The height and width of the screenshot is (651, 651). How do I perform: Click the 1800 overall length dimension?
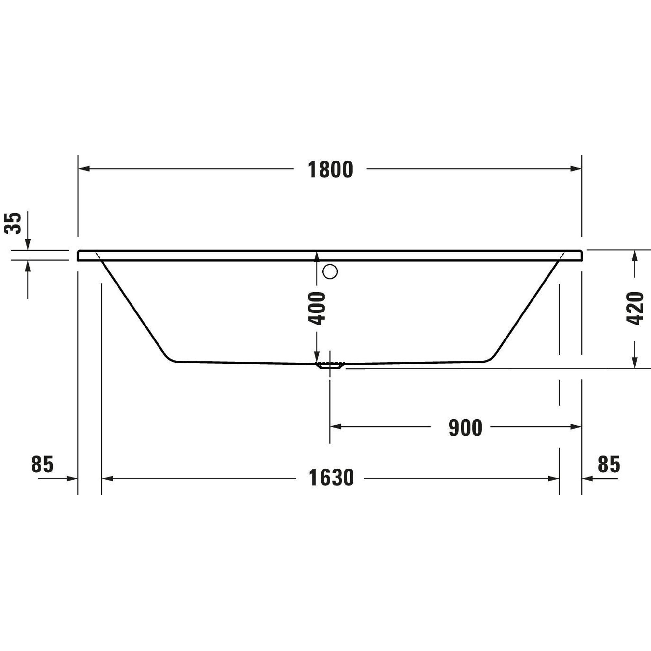pos(330,170)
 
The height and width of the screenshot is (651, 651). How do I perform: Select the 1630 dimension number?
pos(331,478)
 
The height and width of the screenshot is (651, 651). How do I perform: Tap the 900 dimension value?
pos(465,428)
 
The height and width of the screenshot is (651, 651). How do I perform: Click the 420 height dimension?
pos(635,308)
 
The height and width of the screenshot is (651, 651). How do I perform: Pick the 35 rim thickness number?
pos(12,223)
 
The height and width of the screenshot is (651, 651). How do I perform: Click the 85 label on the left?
pos(42,464)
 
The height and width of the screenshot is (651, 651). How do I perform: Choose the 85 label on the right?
pos(609,464)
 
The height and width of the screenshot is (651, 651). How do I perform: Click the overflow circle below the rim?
pos(330,271)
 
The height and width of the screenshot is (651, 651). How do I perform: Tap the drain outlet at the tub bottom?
pos(330,366)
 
